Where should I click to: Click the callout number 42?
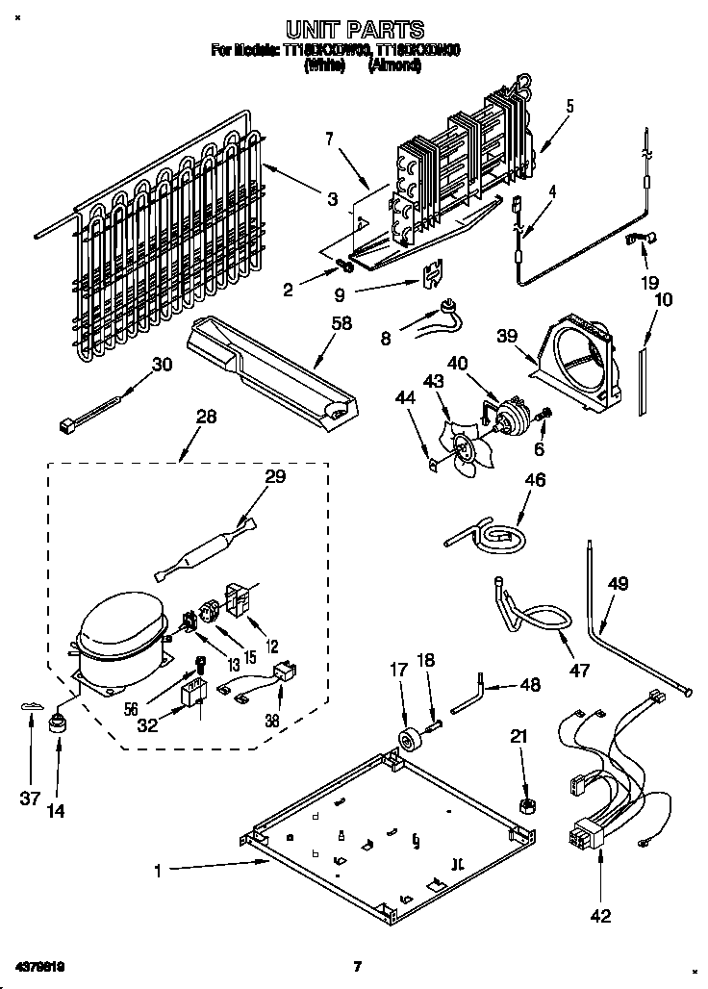(600, 916)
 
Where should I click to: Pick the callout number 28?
(206, 417)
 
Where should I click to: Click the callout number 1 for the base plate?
(158, 872)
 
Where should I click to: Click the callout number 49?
(618, 583)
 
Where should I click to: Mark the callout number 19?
(650, 283)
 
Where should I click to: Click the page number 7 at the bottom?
(356, 966)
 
